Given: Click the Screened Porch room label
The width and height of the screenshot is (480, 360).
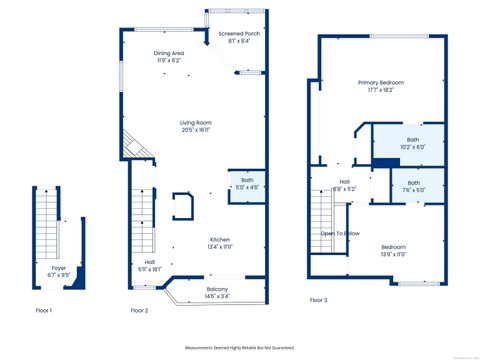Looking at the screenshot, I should tap(239, 33).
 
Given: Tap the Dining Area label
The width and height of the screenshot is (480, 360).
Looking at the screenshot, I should tap(168, 52).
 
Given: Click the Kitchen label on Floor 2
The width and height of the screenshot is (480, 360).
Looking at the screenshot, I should tap(220, 239).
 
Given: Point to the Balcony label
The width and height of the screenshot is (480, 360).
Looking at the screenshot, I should tap(217, 289).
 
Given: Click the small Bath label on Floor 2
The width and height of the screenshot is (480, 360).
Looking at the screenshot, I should tap(246, 180).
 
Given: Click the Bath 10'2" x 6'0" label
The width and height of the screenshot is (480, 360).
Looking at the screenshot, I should tap(413, 139).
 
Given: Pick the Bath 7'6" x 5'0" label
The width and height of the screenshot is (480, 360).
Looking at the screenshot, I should tap(413, 182).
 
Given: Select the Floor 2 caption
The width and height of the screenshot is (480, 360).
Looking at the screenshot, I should tap(139, 311).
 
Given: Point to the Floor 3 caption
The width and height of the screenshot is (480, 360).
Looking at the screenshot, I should tap(318, 300).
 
